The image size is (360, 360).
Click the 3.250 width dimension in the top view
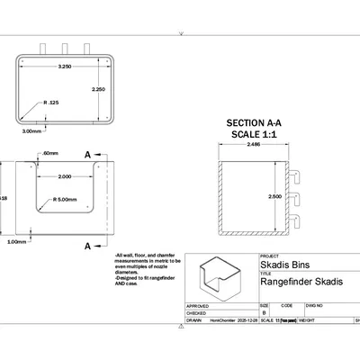click(x=65, y=67)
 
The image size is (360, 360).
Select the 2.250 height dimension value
click(x=99, y=90)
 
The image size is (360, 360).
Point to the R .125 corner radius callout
click(x=52, y=103)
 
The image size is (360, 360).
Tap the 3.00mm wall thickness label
click(x=32, y=130)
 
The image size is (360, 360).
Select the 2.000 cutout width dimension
click(x=65, y=176)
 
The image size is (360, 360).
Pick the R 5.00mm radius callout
click(x=66, y=199)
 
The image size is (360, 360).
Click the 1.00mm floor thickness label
click(x=16, y=241)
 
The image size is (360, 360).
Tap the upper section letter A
click(x=88, y=155)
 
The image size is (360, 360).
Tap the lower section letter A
click(x=88, y=245)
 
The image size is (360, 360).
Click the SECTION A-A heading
click(x=254, y=122)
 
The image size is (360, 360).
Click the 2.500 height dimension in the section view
click(x=274, y=195)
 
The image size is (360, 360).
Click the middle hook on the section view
click(x=294, y=197)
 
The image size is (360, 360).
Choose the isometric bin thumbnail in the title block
click(x=220, y=283)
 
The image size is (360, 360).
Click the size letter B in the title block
click(x=264, y=312)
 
